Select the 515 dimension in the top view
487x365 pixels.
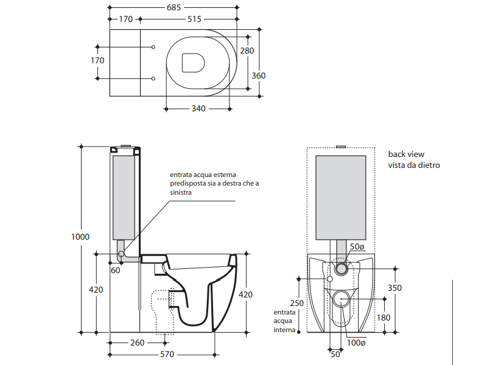pyautogui.click(x=194, y=19)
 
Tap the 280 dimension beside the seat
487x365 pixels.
pyautogui.click(x=247, y=51)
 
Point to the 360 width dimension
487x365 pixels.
pyautogui.click(x=259, y=75)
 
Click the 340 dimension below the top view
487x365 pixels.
pyautogui.click(x=198, y=108)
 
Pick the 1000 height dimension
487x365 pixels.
pyautogui.click(x=80, y=237)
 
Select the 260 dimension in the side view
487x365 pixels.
pyautogui.click(x=138, y=342)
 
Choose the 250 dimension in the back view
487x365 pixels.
pyautogui.click(x=296, y=303)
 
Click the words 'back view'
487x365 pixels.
pyautogui.click(x=406, y=155)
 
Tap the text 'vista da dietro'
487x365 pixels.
pyautogui.click(x=413, y=165)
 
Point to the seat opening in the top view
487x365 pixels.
pyautogui.click(x=193, y=61)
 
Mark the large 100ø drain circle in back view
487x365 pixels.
pyautogui.click(x=342, y=298)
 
